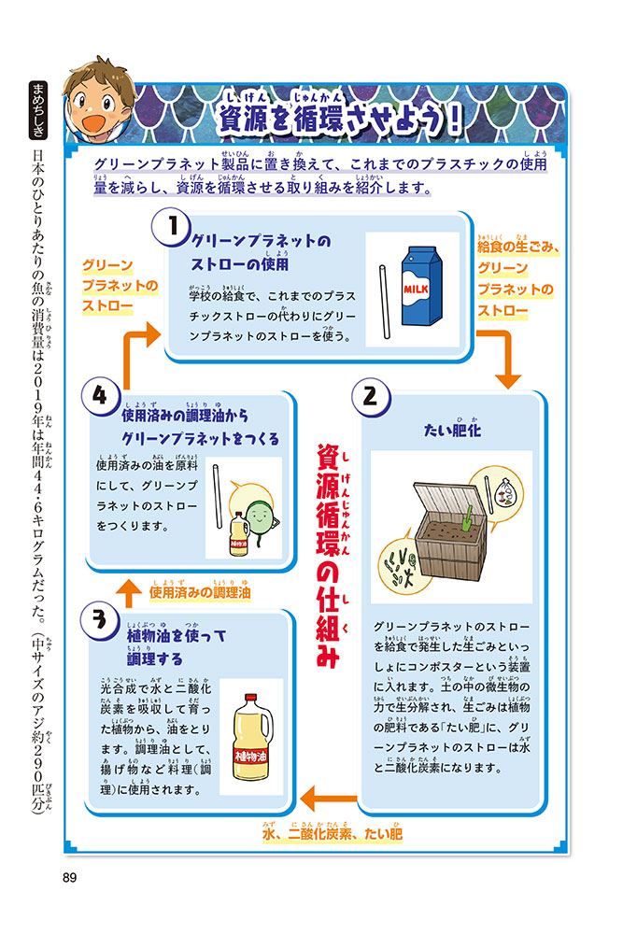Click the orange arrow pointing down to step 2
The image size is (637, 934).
coord(506,356)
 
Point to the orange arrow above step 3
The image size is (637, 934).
coord(133,590)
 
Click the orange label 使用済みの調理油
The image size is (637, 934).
coord(202,591)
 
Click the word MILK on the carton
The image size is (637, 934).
coord(417,290)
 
